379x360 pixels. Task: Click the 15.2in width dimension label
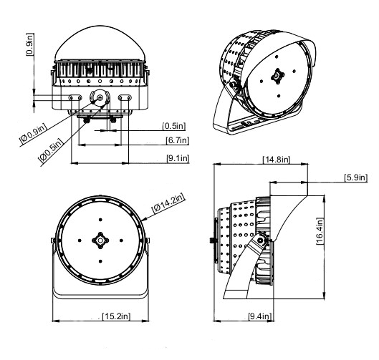tap(117, 316)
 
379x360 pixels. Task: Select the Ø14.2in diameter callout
tap(168, 203)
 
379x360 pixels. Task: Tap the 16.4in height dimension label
tap(320, 231)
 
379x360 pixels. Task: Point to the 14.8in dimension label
tap(277, 160)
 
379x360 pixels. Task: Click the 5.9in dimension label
tap(356, 177)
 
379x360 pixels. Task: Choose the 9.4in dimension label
tap(260, 316)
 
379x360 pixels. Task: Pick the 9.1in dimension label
tap(178, 158)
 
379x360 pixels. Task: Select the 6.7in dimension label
tap(177, 140)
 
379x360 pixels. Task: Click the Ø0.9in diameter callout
tap(33, 135)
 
